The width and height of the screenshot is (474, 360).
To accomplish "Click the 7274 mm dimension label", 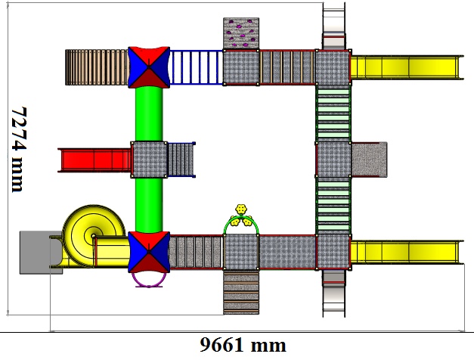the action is click(18, 150).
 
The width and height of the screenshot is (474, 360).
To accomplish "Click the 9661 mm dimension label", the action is click(243, 345).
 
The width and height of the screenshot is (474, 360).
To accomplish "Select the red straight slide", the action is click(94, 160).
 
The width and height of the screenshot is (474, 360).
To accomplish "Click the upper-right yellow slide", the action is click(407, 67).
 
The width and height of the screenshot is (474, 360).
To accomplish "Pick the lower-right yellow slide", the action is click(407, 252).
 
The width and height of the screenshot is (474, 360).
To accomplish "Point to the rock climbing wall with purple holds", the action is click(241, 33).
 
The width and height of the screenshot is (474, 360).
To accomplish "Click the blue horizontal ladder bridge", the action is click(197, 67).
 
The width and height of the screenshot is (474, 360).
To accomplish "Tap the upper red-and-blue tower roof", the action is click(149, 67).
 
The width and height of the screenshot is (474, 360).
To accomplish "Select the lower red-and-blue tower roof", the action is click(149, 252).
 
